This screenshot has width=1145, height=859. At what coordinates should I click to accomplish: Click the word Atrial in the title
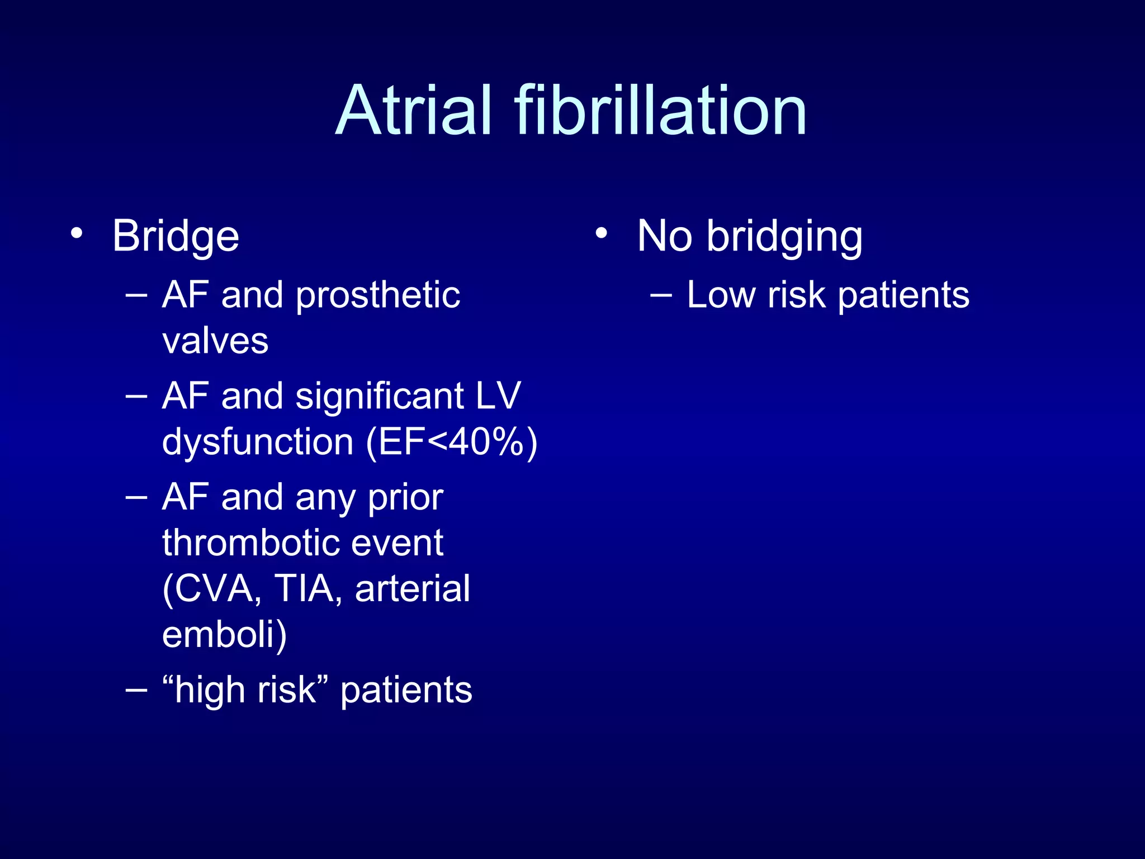pos(414,110)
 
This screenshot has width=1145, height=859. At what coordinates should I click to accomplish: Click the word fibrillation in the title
pos(660,110)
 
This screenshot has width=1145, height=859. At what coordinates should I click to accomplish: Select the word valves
pos(215,341)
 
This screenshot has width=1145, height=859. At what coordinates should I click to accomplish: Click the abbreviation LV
pos(498,396)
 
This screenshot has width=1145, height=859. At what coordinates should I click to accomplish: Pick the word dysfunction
pos(258,442)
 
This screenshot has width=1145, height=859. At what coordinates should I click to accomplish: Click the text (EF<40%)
pos(452,442)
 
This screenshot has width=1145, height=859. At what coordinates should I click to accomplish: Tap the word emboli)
pos(224,634)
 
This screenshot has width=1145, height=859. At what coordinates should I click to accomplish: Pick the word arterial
pos(413,588)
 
